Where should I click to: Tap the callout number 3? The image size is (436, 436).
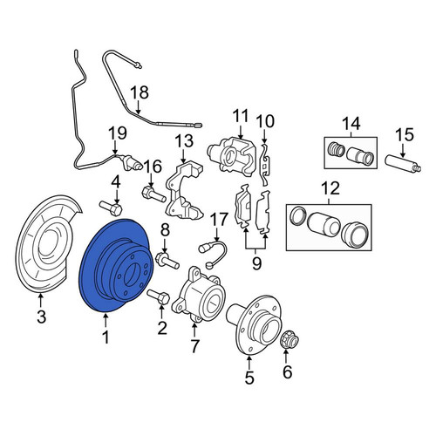(42, 317)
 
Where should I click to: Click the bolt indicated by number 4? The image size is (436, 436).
(111, 208)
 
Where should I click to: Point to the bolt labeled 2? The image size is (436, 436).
(159, 297)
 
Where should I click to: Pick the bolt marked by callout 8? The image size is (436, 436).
(167, 261)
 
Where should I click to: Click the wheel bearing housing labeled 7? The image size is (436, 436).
(199, 295)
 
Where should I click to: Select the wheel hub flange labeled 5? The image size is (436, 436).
(254, 324)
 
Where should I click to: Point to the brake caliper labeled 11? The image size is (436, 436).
(232, 157)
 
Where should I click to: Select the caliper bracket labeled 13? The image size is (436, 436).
(184, 190)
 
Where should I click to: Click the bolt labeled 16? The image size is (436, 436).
(153, 194)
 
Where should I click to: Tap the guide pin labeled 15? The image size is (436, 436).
(403, 163)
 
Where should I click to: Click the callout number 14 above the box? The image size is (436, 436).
(351, 123)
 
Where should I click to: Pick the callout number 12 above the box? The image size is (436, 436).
(330, 188)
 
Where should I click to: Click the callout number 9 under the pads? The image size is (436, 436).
(256, 263)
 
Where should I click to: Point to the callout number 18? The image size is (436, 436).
(140, 92)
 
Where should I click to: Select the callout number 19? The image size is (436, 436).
(118, 133)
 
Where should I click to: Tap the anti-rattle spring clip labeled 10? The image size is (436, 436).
(264, 165)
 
